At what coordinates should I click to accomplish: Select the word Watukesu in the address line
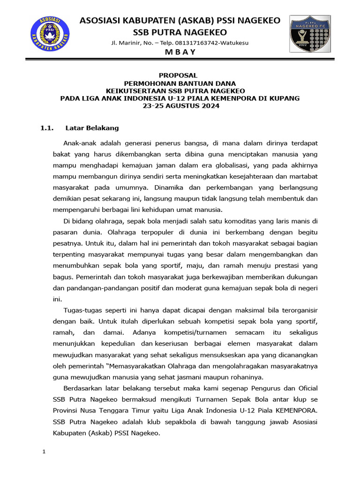click(x=235, y=43)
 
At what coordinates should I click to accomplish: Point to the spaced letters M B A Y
click(x=180, y=52)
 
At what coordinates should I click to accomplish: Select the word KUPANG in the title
click(x=284, y=98)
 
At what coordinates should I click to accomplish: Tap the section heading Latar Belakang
click(x=92, y=127)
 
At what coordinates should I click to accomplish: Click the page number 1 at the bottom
click(x=44, y=452)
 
